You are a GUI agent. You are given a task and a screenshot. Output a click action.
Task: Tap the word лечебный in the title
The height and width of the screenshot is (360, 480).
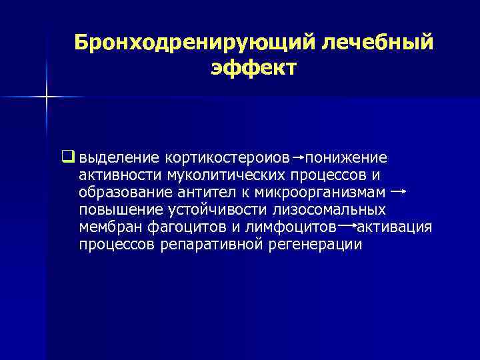[377, 42]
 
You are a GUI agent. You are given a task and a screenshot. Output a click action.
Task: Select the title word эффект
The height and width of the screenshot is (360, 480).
[253, 67]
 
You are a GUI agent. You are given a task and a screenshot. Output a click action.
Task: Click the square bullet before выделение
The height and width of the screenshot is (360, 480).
[67, 158]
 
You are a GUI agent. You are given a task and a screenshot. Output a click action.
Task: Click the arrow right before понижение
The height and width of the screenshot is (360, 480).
[299, 158]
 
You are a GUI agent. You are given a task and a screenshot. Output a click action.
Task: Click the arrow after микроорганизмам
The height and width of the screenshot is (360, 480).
[399, 192]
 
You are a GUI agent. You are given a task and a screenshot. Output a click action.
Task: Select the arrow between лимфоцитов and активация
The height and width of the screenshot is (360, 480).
[347, 227]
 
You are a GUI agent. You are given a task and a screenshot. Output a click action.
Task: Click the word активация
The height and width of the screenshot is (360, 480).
[395, 227]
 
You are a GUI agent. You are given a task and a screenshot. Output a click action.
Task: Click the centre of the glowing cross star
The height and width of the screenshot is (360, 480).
[47, 97]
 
